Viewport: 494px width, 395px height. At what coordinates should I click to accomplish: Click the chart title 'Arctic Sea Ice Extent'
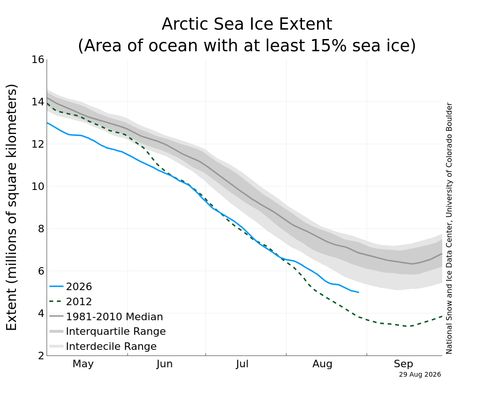[x=247, y=24]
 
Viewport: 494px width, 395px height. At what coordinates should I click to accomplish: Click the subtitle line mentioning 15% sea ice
[x=247, y=45]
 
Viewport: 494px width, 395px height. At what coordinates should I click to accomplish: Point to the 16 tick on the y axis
[x=38, y=59]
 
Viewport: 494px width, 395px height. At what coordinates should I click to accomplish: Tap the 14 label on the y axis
[x=38, y=102]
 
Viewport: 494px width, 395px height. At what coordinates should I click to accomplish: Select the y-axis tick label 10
[x=38, y=186]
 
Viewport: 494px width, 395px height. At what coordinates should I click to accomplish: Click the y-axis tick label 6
[x=41, y=271]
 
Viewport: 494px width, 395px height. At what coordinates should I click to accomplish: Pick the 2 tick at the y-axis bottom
[x=41, y=355]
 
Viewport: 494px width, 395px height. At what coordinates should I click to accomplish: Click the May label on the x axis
[x=83, y=364]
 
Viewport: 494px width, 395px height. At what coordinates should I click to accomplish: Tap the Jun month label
[x=165, y=364]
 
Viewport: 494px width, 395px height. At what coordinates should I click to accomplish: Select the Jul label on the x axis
[x=242, y=364]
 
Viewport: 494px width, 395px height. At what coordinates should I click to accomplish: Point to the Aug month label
[x=322, y=364]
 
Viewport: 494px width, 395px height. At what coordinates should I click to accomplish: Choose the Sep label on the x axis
[x=403, y=364]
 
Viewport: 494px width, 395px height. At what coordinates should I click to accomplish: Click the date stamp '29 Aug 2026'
[x=420, y=374]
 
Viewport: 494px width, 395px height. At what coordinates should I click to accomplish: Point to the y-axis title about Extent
[x=11, y=207]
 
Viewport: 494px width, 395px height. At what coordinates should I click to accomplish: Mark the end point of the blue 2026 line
[x=359, y=292]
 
